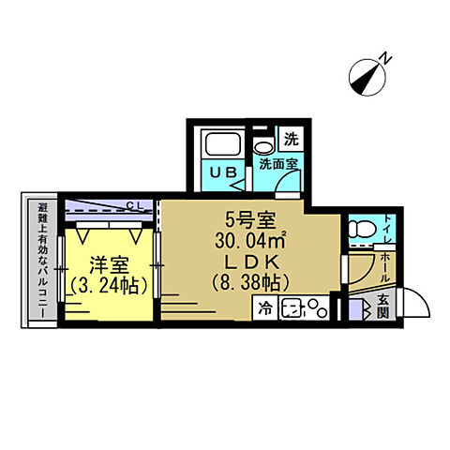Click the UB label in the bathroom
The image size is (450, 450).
pos(223,172)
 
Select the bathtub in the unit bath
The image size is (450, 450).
pos(222,144)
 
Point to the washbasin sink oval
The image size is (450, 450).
pos(264,147)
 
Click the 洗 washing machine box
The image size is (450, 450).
pos(292,139)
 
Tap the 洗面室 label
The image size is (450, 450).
pos(278,163)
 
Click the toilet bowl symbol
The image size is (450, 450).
pos(362,229)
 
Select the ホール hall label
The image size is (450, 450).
pos(385,267)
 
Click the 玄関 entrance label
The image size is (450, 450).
pos(382,307)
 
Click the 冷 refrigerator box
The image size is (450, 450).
pos(264,307)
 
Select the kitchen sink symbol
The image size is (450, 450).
pos(292,308)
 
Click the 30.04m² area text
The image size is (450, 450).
pos(250,241)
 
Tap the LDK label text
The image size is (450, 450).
pos(252,262)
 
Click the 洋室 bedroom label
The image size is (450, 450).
pos(109,265)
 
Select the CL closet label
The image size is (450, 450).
pos(135,205)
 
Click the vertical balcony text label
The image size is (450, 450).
pos(43,261)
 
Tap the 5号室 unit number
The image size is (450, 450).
pos(251,219)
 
